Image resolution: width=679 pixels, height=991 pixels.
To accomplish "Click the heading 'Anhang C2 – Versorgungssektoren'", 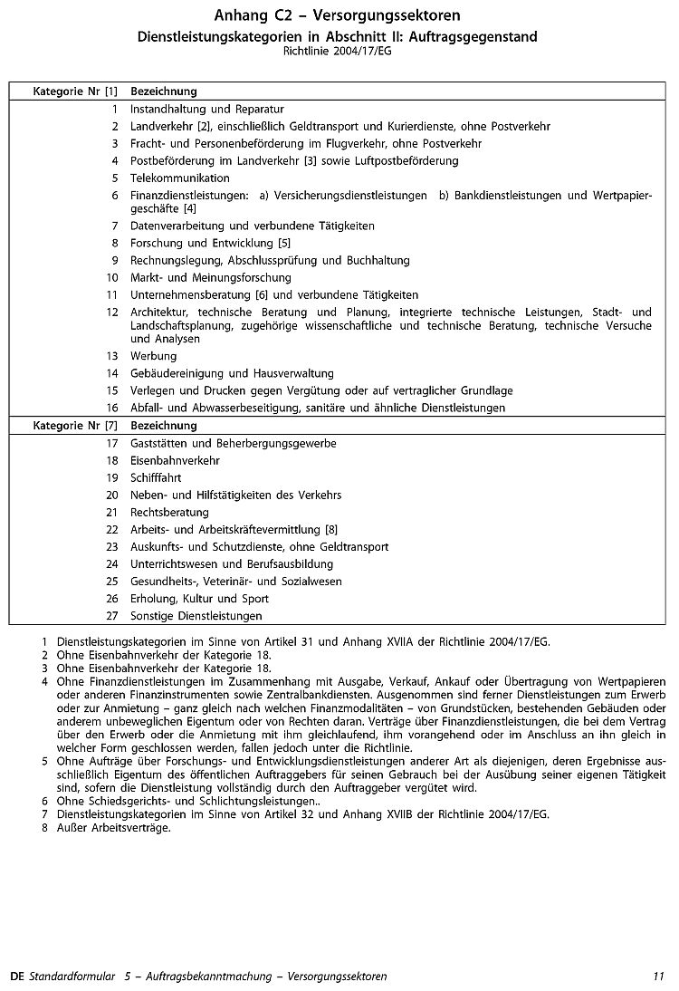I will [x=337, y=16].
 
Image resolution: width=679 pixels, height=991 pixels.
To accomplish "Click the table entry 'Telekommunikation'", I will [x=180, y=178].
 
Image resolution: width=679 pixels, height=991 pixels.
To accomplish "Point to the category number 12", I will [x=112, y=313].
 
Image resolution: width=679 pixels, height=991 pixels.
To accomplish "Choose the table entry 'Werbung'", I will [x=154, y=356].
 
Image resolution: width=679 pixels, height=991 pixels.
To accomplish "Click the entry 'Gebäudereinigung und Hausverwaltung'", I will [x=232, y=373].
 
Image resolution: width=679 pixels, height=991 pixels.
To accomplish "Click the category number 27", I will [x=112, y=616].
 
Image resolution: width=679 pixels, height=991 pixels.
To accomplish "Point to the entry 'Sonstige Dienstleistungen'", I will [x=196, y=616].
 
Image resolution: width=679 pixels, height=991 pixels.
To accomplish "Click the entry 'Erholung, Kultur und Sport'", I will [x=199, y=599].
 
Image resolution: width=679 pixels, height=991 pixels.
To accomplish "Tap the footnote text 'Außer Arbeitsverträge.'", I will [x=113, y=828].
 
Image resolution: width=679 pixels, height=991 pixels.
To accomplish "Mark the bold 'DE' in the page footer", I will [x=16, y=977].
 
